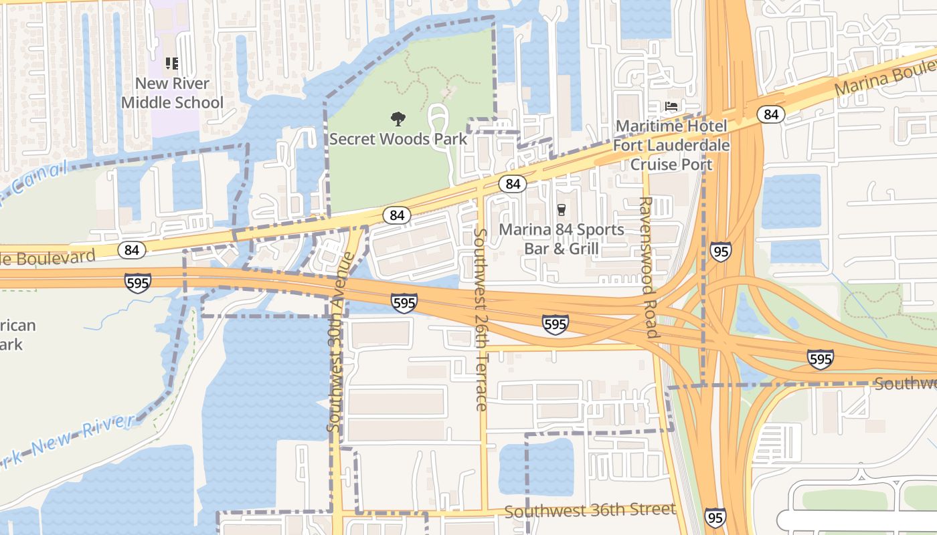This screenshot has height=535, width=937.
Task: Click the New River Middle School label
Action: click(x=172, y=93)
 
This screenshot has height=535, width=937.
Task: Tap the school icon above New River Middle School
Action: click(x=172, y=64)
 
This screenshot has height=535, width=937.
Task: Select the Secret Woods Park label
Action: click(x=398, y=139)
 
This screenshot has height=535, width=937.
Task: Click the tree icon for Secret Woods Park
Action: click(x=398, y=119)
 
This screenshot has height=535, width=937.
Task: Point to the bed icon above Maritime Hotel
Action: click(x=671, y=106)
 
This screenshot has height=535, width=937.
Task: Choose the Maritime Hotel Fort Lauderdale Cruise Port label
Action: click(x=671, y=145)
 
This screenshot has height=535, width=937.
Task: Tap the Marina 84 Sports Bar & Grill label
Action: click(x=562, y=239)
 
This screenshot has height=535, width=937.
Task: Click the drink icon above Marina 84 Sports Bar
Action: click(x=562, y=210)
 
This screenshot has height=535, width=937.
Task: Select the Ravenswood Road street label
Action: click(x=647, y=267)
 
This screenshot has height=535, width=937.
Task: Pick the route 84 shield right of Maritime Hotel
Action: click(x=771, y=114)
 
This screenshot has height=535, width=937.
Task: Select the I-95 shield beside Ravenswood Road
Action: click(x=721, y=251)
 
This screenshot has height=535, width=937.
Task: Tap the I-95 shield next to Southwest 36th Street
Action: click(x=715, y=517)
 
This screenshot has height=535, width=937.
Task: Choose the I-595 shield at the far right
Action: click(x=820, y=359)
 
